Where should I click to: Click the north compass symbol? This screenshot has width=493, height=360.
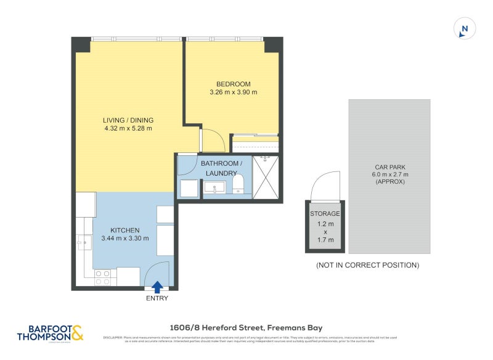point(465,28)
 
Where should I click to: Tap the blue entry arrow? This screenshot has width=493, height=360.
point(157,287)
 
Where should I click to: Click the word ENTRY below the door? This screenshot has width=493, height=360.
point(157,298)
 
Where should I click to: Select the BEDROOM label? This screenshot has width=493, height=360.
point(233,84)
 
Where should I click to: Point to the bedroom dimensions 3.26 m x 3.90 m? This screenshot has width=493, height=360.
point(233,92)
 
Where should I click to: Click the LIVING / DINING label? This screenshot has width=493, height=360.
point(128,120)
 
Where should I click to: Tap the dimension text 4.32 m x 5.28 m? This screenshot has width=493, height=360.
point(128,129)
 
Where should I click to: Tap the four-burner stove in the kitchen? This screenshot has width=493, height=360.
point(103,277)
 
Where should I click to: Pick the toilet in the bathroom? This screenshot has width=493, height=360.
point(239,183)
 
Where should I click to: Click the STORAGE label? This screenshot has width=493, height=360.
point(325,214)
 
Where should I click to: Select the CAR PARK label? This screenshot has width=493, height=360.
point(389,167)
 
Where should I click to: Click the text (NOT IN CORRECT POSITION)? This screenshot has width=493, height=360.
point(367,265)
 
